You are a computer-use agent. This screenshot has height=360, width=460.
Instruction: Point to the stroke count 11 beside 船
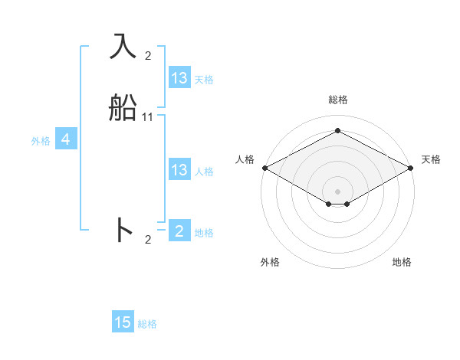point(148,117)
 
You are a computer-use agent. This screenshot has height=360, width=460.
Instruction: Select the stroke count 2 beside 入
point(148,55)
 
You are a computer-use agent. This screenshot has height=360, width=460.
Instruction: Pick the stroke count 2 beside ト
point(148,240)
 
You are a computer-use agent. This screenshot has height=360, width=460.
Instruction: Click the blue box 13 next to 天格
point(179,78)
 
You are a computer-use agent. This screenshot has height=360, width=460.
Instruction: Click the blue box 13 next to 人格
point(179,170)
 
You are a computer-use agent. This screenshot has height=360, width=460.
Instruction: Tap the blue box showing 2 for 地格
point(179,231)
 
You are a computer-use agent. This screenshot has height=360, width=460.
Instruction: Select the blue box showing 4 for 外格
point(67,139)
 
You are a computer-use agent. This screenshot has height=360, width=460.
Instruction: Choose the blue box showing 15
point(123,322)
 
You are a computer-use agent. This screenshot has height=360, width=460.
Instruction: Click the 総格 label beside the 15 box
point(147,324)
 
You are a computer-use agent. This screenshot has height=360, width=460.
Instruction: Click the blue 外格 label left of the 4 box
point(41,141)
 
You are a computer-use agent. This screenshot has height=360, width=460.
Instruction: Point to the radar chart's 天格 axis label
point(431,159)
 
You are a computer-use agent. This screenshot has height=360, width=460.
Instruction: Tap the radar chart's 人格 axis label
point(245,159)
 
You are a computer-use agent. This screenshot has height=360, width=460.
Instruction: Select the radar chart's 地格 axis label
point(402,262)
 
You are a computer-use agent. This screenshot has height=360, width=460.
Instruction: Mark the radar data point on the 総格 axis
point(337,130)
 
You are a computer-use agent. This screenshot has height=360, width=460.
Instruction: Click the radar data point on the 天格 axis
point(412,168)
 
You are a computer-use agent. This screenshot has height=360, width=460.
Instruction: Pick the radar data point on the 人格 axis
point(264,168)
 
